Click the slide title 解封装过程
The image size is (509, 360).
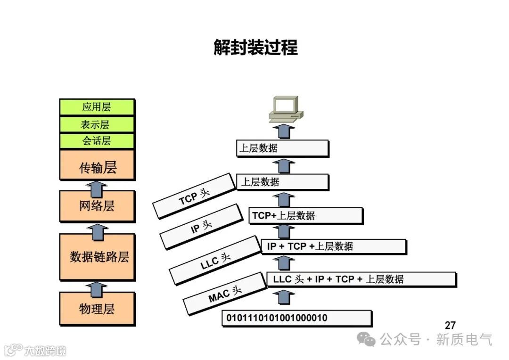click(255, 48)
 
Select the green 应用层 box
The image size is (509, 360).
click(97, 107)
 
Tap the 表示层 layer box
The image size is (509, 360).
click(97, 124)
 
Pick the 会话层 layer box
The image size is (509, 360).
click(97, 141)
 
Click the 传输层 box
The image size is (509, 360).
click(97, 166)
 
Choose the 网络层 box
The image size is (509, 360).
click(97, 206)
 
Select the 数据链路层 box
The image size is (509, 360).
click(97, 256)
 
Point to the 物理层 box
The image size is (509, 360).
click(97, 309)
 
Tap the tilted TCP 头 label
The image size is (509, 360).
click(194, 196)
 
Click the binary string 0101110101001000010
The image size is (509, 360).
click(296, 318)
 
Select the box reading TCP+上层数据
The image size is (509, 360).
click(305, 216)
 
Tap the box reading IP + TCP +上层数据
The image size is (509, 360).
click(333, 246)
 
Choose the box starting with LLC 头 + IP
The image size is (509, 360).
click(361, 279)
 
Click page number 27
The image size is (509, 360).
click(450, 325)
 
